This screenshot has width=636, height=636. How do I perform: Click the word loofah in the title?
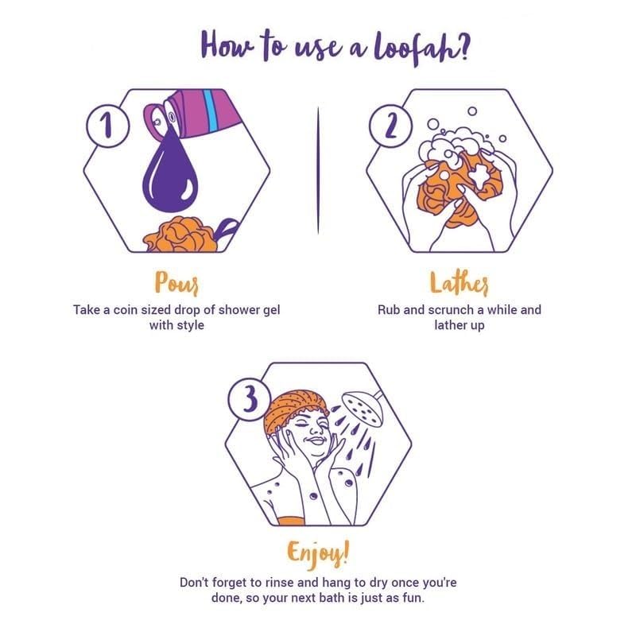pos(413,48)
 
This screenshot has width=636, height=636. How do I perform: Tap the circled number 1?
pos(107,126)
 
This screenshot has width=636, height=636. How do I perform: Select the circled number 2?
pos(390,126)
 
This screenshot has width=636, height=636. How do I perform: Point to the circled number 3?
pos(250,399)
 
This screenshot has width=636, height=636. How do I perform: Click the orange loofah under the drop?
pos(180,235)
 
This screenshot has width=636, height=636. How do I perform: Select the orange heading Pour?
pos(176,282)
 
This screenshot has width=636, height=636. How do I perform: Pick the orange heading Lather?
pos(459,282)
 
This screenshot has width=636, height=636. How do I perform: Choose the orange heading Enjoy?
pos(317,553)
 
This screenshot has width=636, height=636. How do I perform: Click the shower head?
pos(363,408)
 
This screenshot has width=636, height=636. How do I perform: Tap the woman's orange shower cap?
pos(294,408)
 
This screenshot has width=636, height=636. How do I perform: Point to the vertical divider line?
pos(318,170)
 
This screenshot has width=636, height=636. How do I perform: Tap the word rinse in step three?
pos(280,583)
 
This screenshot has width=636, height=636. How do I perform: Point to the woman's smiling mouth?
pos(316,441)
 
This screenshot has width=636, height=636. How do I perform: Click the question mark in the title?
pos(463,45)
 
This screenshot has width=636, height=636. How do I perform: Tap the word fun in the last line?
pos(413,598)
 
